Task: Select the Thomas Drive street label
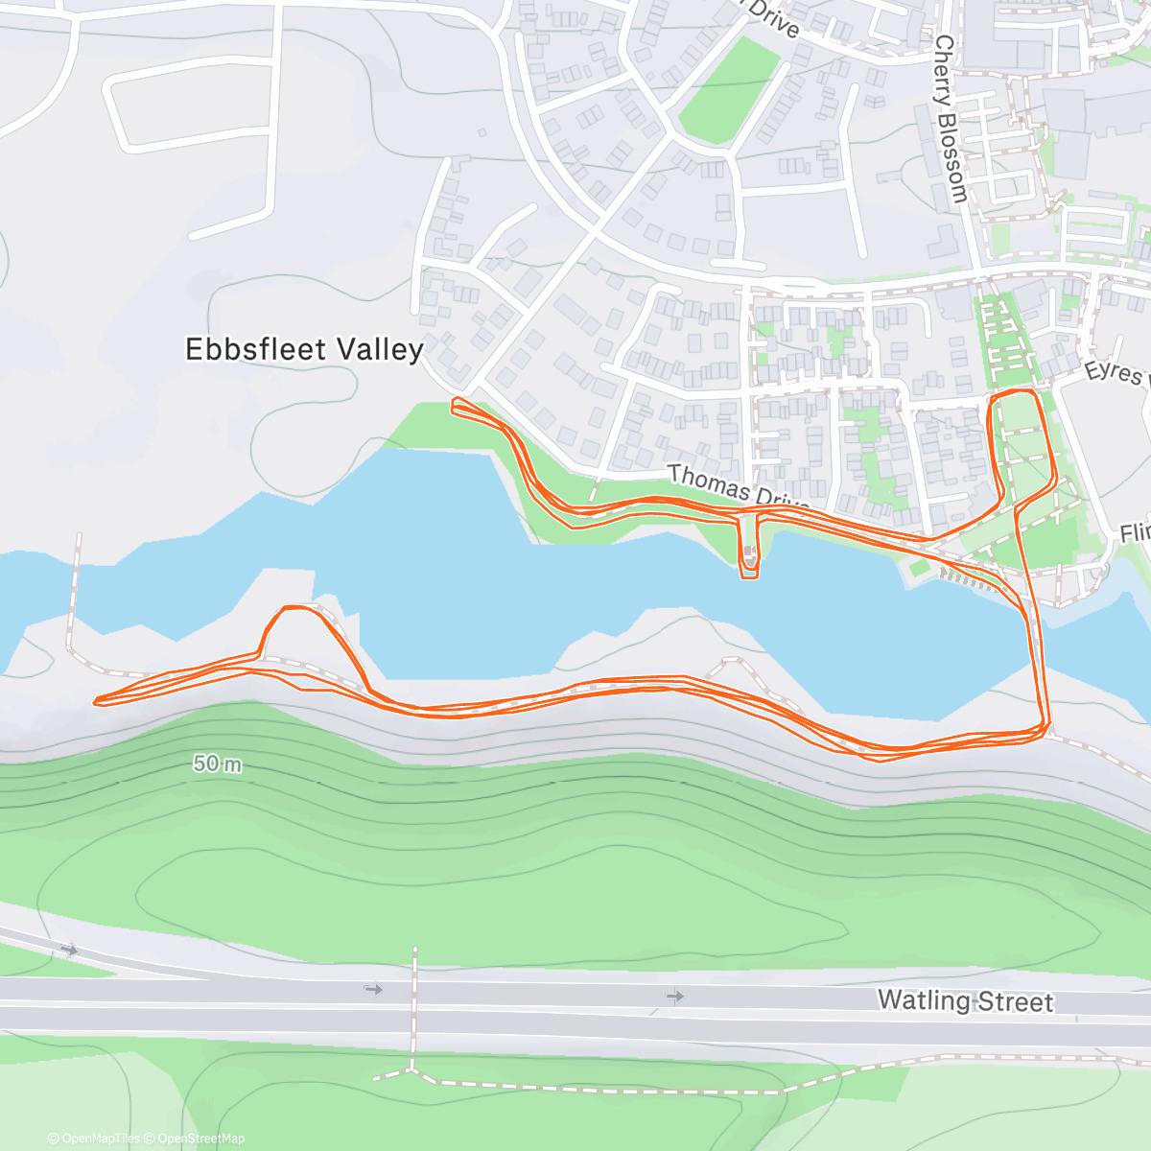point(739,487)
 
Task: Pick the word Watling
point(924,1000)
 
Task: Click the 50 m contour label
point(218,763)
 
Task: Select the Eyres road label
point(1114,372)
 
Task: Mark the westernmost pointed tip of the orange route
point(95,701)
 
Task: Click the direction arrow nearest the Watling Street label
point(675,997)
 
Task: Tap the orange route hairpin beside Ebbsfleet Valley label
point(456,407)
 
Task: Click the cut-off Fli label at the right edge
point(1135,532)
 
